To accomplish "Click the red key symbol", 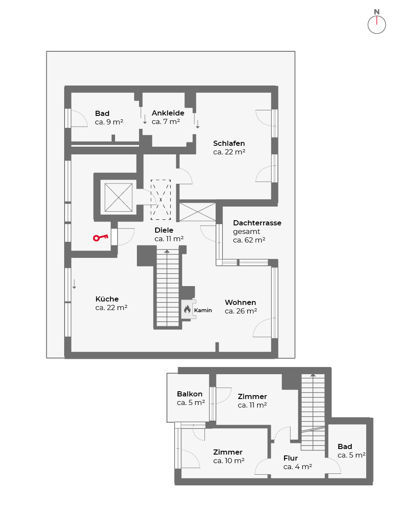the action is (x=101, y=237).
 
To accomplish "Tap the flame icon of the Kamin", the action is (x=187, y=309).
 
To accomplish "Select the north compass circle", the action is (x=376, y=25).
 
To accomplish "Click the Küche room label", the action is (x=107, y=299).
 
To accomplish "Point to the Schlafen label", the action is (x=229, y=143).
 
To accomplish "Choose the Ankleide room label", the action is (x=168, y=113).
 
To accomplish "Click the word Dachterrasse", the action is (x=257, y=223).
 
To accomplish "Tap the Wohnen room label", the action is (x=240, y=302).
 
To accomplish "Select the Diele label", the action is (x=164, y=230).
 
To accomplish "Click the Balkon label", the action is (x=190, y=394).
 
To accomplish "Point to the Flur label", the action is (x=290, y=458).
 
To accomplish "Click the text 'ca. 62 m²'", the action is (x=249, y=240).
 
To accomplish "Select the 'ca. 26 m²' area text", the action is (x=240, y=311).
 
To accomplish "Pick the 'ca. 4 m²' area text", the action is (x=297, y=467).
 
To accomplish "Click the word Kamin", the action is (x=203, y=310).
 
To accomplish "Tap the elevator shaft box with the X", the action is (x=118, y=198).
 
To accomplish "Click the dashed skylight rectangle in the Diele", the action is (x=160, y=200).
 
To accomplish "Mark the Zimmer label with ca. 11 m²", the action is (x=252, y=396).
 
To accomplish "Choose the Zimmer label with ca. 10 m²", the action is (x=228, y=452).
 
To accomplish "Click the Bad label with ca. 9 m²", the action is (x=102, y=113).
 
